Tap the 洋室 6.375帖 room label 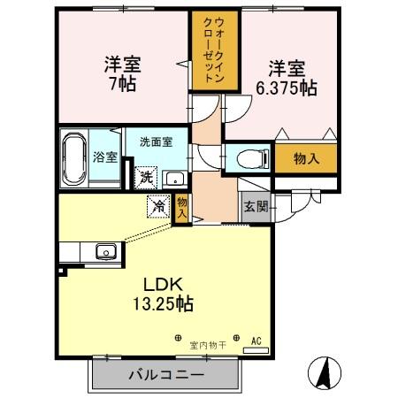click(x=286, y=78)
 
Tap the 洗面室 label click(x=155, y=141)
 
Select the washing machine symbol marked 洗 click(x=147, y=175)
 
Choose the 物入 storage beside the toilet click(x=306, y=158)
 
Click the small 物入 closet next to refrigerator click(x=181, y=207)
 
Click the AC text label click(x=256, y=341)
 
